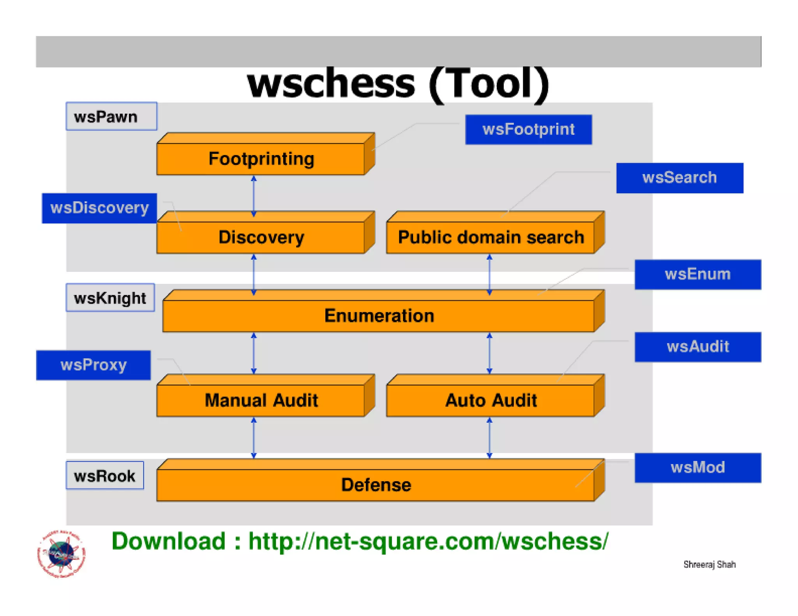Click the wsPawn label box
pos(111,116)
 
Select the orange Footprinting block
pos(261,159)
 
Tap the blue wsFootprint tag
pos(528,130)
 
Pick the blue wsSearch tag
pos(680,178)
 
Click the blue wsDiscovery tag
pos(99,208)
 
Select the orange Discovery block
pos(261,237)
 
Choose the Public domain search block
pos(491,237)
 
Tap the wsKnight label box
pos(110,298)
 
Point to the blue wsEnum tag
pos(697,275)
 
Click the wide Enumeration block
pos(379,315)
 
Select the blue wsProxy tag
pos(94,365)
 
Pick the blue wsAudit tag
pos(697,347)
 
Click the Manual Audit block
pos(261,400)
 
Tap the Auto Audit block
pos(491,400)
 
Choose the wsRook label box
pos(105,475)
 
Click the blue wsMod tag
pos(697,468)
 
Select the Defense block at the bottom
pos(376,485)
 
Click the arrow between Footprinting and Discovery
pos(254,196)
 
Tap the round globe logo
pos(62,554)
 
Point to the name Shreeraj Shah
pos(709,564)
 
